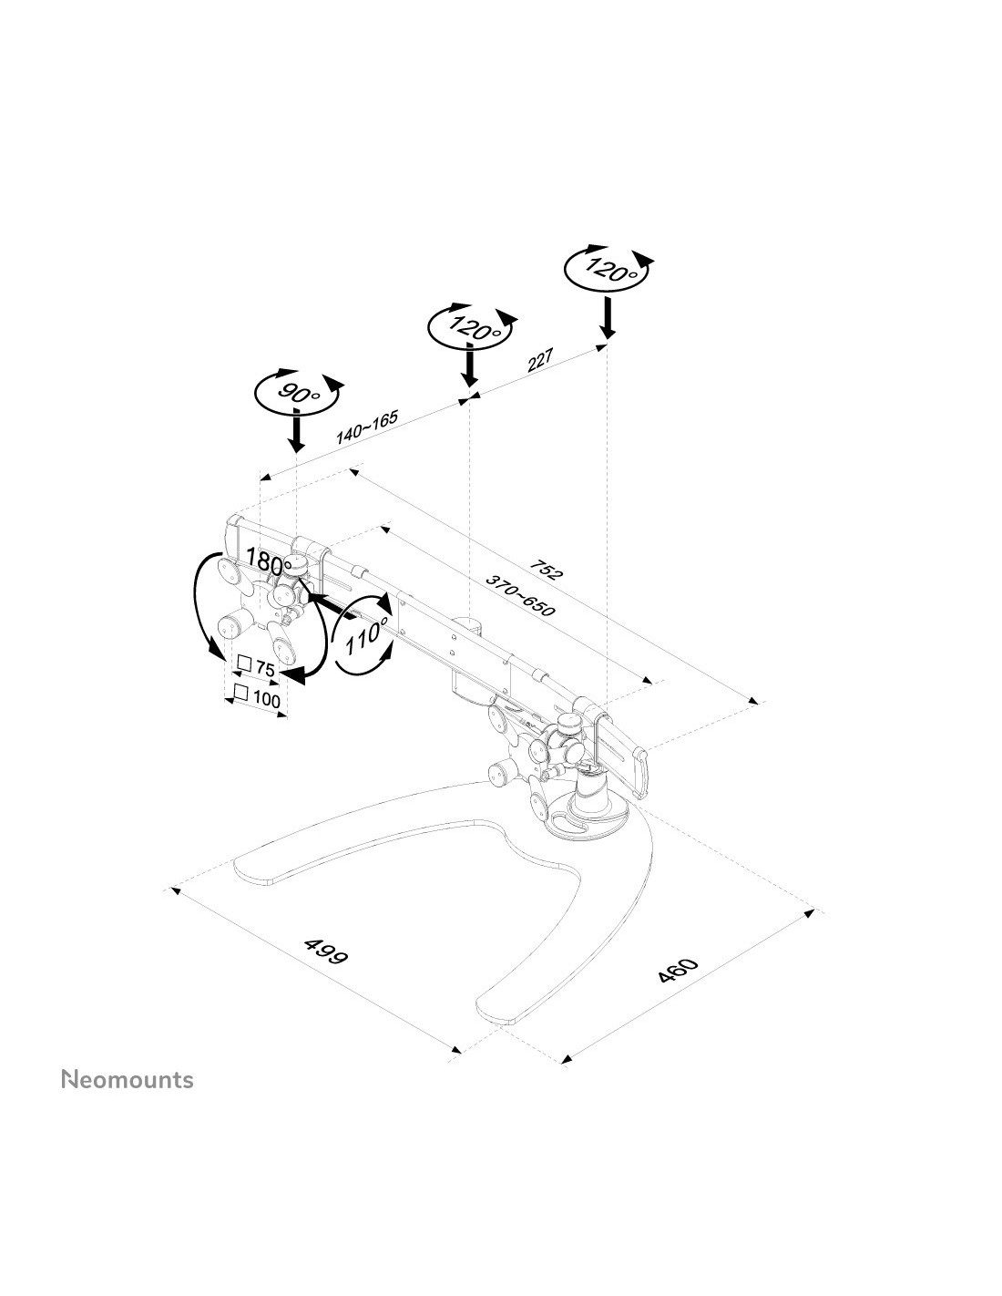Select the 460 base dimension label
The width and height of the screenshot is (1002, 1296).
pyautogui.click(x=677, y=970)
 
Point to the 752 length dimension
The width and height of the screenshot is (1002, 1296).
pyautogui.click(x=546, y=570)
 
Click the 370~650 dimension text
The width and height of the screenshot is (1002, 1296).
pyautogui.click(x=520, y=596)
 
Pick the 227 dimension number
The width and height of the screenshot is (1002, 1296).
pyautogui.click(x=541, y=360)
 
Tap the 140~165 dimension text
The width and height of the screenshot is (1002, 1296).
pyautogui.click(x=366, y=427)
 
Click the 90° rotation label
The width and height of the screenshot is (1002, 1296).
pyautogui.click(x=299, y=393)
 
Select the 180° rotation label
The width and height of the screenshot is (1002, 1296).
pyautogui.click(x=269, y=560)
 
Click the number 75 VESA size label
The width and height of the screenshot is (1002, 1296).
pyautogui.click(x=265, y=669)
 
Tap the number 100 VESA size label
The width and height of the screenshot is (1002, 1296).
pyautogui.click(x=267, y=699)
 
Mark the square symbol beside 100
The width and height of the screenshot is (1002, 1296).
pyautogui.click(x=240, y=692)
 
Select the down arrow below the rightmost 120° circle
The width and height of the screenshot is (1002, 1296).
pyautogui.click(x=607, y=317)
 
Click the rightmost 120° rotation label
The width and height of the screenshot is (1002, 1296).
pyautogui.click(x=608, y=270)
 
